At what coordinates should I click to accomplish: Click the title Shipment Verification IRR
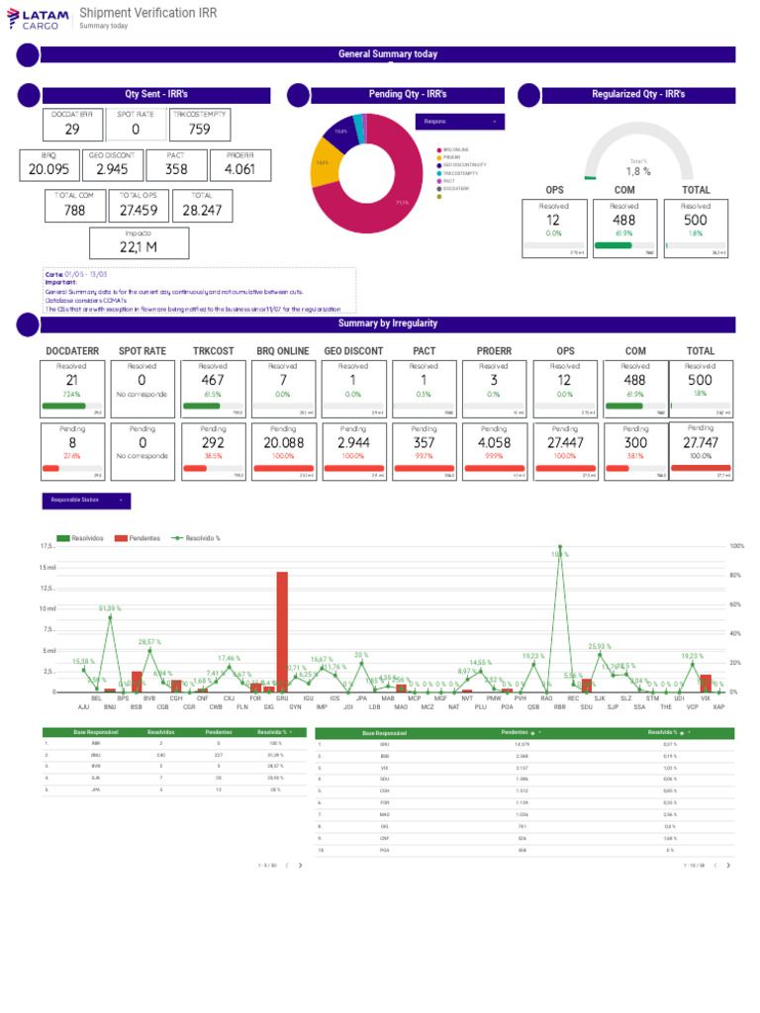tap(147, 13)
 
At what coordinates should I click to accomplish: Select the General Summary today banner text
tap(387, 54)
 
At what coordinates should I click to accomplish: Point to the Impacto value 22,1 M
tap(138, 246)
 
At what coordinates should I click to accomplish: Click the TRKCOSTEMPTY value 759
tap(199, 129)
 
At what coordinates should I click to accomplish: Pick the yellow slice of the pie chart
tap(324, 166)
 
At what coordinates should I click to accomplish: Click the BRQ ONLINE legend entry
tap(455, 149)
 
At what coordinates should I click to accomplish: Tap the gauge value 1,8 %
tap(637, 171)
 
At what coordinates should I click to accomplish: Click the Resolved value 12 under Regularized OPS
tap(553, 220)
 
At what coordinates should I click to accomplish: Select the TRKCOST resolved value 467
tap(213, 380)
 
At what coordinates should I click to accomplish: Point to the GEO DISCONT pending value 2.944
tap(353, 443)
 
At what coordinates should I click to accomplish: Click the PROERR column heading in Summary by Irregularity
tap(494, 350)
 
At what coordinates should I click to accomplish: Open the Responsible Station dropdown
tap(86, 502)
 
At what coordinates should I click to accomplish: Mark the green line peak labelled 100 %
tap(560, 546)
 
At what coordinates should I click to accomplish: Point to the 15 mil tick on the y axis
tap(47, 567)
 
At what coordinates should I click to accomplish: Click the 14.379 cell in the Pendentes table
tap(522, 744)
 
